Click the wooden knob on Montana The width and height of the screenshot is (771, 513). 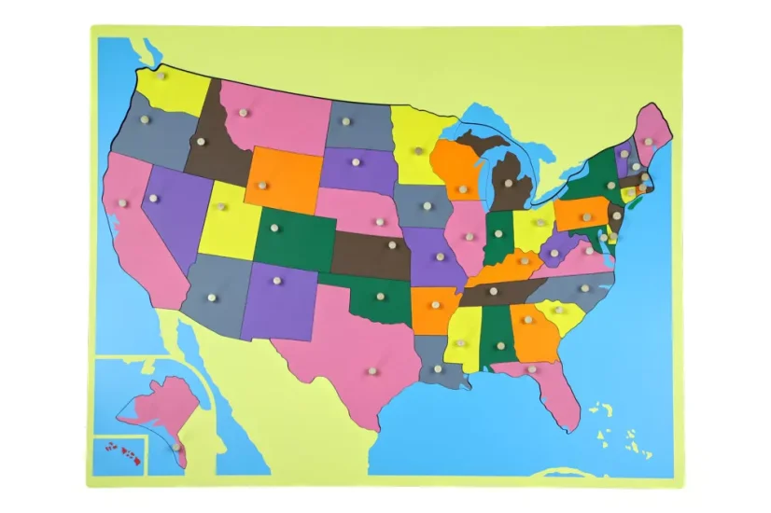[x=245, y=113]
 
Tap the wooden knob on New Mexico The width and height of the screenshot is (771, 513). [x=276, y=280]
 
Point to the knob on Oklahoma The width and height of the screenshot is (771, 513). [x=380, y=297]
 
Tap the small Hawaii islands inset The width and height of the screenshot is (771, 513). [x=124, y=453]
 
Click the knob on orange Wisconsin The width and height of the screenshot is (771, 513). [x=463, y=189]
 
